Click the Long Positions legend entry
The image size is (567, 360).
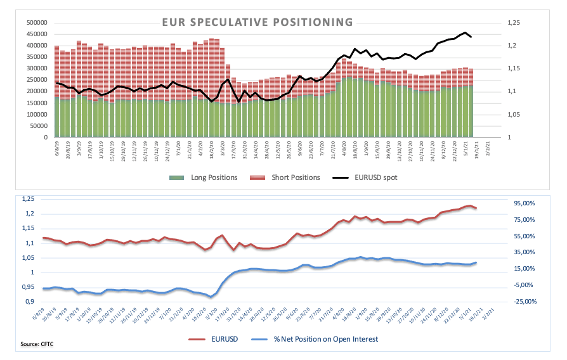[214, 177]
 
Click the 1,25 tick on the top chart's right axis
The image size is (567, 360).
[513, 23]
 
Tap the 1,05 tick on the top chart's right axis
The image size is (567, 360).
[513, 115]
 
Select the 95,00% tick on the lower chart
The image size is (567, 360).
[525, 203]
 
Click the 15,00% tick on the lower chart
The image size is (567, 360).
[525, 269]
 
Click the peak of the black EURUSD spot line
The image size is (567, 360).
[466, 32]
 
